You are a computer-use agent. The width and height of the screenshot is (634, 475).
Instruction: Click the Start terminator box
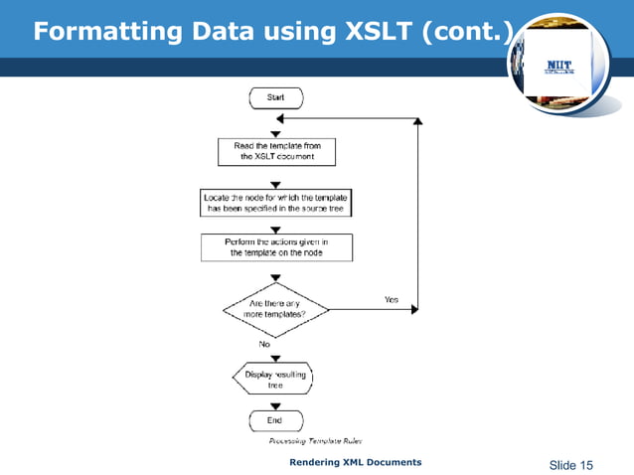pos(275,97)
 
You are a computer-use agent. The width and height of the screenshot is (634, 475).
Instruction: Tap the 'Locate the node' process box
pos(275,203)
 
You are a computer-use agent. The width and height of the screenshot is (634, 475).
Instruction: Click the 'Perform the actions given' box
pos(275,247)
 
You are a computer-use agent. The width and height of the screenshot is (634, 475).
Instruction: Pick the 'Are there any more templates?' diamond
pos(275,308)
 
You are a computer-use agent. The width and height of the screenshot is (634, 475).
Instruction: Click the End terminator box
pos(275,421)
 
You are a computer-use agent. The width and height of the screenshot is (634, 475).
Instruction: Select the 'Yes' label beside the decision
pos(392,299)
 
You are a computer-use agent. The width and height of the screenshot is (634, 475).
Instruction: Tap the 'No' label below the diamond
pos(264,344)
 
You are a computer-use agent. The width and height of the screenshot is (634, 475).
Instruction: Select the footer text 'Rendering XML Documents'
pos(355,462)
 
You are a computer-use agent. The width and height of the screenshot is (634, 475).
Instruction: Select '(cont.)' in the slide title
pos(466,32)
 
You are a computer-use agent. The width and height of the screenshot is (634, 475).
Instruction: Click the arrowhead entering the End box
pos(275,404)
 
